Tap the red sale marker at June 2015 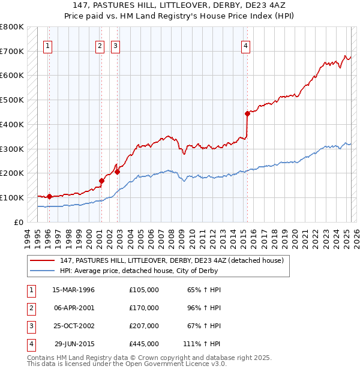point(247,113)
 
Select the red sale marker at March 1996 point(49,196)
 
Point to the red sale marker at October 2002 point(117,172)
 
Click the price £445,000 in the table point(144,344)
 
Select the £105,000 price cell point(144,290)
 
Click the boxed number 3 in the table point(31,326)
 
